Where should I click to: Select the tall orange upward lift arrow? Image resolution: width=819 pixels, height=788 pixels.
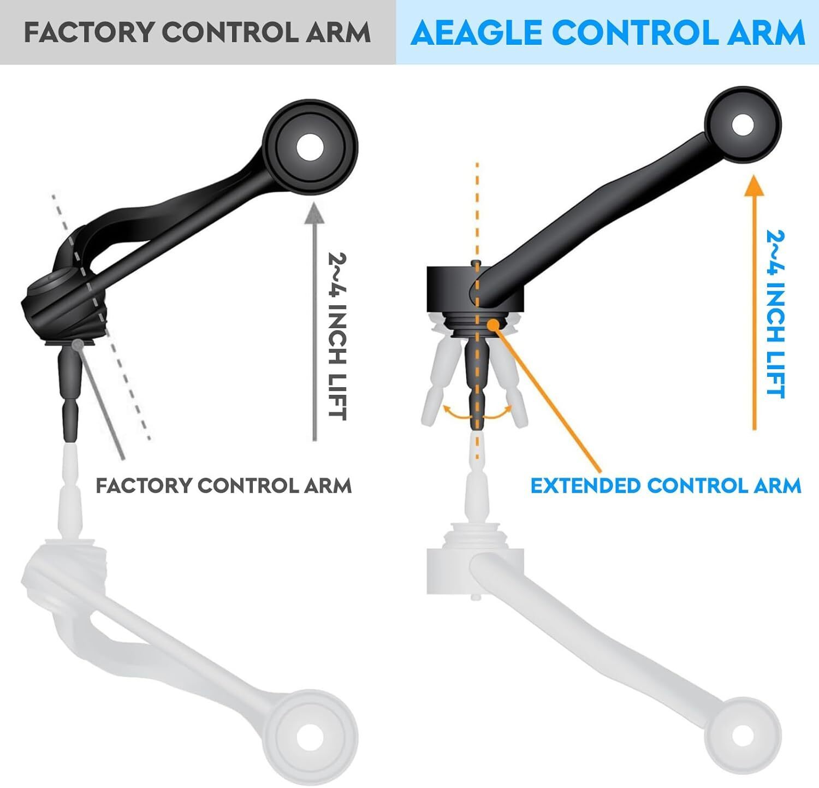(x=754, y=303)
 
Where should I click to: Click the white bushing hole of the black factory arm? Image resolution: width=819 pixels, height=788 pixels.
(x=311, y=147)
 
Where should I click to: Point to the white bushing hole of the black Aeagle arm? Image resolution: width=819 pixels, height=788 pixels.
(x=743, y=125)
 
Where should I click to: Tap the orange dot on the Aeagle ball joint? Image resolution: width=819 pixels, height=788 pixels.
(x=494, y=324)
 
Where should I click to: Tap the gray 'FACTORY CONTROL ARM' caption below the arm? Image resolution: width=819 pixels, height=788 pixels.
(x=224, y=485)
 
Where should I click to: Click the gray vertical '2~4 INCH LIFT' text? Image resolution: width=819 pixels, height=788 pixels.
(x=337, y=335)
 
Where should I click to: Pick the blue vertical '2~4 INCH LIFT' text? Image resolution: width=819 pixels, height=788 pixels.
(x=776, y=314)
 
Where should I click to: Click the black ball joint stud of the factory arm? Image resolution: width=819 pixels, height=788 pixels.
(x=72, y=393)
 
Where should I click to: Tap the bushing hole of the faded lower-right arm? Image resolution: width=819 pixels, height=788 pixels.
(x=743, y=737)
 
